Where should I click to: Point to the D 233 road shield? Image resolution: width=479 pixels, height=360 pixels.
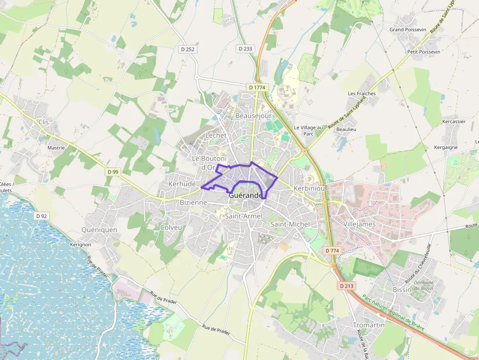click(x=246, y=49)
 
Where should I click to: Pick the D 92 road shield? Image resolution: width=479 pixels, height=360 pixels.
click(x=42, y=216)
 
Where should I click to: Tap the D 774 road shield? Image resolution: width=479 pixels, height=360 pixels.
click(x=332, y=251)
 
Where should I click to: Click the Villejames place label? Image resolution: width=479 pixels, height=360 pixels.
click(x=359, y=224)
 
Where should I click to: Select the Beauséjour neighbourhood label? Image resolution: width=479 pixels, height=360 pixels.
click(x=253, y=116)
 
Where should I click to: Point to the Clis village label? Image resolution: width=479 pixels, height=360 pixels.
click(x=44, y=122)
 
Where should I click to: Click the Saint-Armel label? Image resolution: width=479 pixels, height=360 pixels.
click(x=243, y=216)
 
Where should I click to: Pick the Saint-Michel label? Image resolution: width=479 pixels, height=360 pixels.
click(x=290, y=224)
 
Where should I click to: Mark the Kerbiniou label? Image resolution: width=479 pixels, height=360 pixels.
click(x=309, y=189)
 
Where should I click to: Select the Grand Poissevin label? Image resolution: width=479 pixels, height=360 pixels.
click(x=408, y=30)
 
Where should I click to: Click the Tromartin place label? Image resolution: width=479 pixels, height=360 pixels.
click(x=369, y=325)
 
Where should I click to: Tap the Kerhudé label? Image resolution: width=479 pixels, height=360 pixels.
click(x=182, y=184)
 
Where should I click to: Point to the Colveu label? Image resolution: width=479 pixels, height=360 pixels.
click(x=171, y=228)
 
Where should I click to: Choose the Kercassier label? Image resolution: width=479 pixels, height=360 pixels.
click(x=454, y=121)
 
